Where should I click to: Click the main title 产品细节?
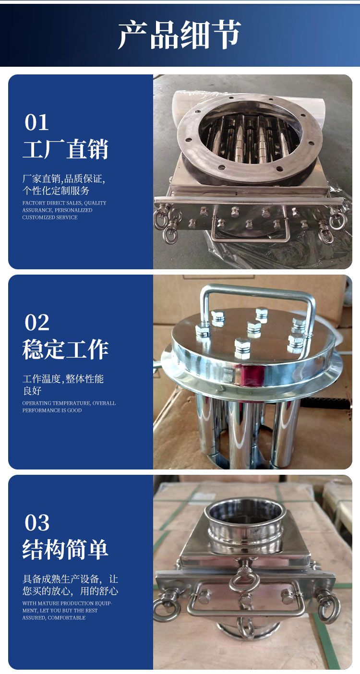tap(179, 34)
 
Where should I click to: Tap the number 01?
tap(36, 122)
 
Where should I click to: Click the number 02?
tap(37, 323)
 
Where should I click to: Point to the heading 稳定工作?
tap(65, 349)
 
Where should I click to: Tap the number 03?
tap(37, 523)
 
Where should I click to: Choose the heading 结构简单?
tap(65, 549)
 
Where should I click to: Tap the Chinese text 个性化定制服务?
tap(56, 191)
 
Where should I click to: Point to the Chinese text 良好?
tap(32, 391)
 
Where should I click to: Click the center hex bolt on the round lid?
tap(254, 328)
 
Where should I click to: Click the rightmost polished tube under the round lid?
tap(284, 433)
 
